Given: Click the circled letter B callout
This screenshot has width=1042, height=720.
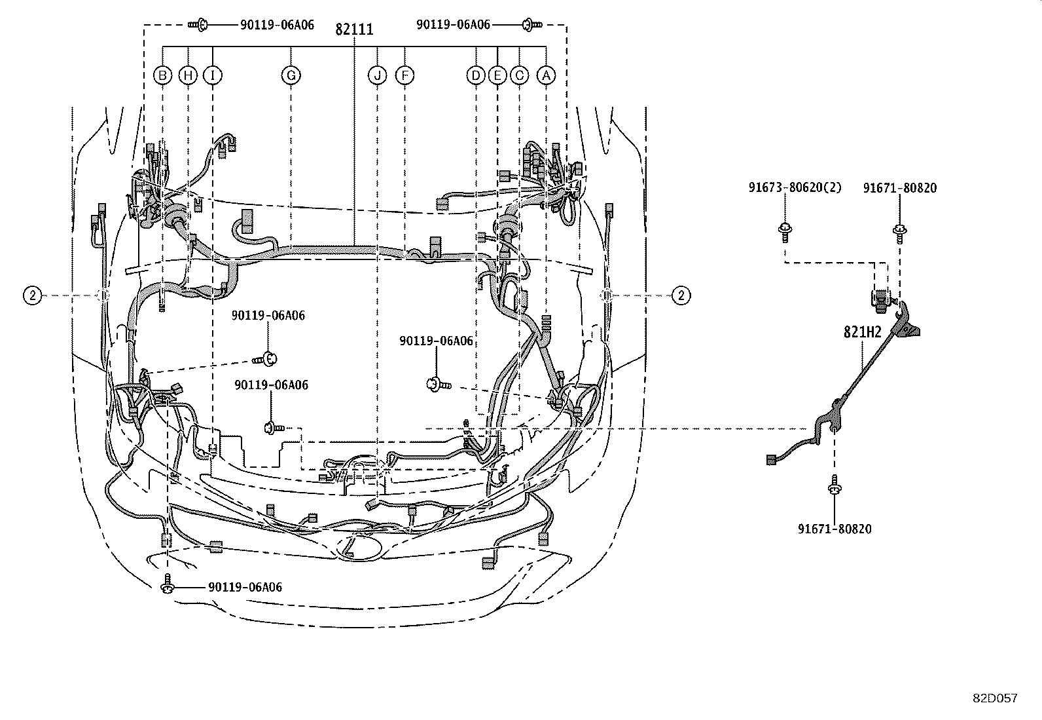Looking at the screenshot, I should point(162,76).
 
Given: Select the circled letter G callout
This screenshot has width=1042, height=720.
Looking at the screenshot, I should point(291,76).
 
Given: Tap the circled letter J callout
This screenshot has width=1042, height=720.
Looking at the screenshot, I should point(377,76).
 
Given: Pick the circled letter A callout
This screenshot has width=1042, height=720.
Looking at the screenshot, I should point(546,76).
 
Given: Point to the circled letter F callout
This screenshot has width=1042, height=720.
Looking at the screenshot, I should point(404,76).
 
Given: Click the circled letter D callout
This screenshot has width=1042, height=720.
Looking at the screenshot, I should point(476,76).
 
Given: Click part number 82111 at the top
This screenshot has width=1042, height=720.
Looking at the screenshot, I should point(354,29).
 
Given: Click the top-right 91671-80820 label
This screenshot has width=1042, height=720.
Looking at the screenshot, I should point(899,188).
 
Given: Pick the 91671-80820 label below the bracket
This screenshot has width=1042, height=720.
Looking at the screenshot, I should point(835,529).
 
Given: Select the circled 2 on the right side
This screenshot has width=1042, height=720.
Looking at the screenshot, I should point(681,295).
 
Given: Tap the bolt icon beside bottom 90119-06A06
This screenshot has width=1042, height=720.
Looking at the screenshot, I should point(168,585).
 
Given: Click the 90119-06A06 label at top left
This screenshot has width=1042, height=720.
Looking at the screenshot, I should point(268,25).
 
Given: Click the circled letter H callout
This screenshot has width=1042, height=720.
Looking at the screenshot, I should point(188,76).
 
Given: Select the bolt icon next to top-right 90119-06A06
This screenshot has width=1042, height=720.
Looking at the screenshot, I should point(531,25).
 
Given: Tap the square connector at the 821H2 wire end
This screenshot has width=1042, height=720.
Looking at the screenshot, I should point(770,461).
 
